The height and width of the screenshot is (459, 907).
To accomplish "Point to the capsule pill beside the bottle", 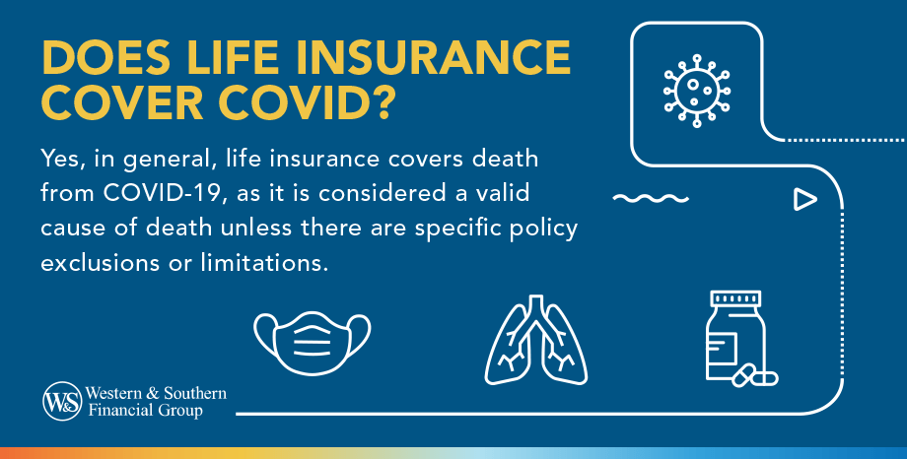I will coord(757,375).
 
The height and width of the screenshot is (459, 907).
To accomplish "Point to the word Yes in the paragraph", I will coord(61,160).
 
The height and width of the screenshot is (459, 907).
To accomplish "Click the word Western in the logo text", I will coord(117,394).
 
